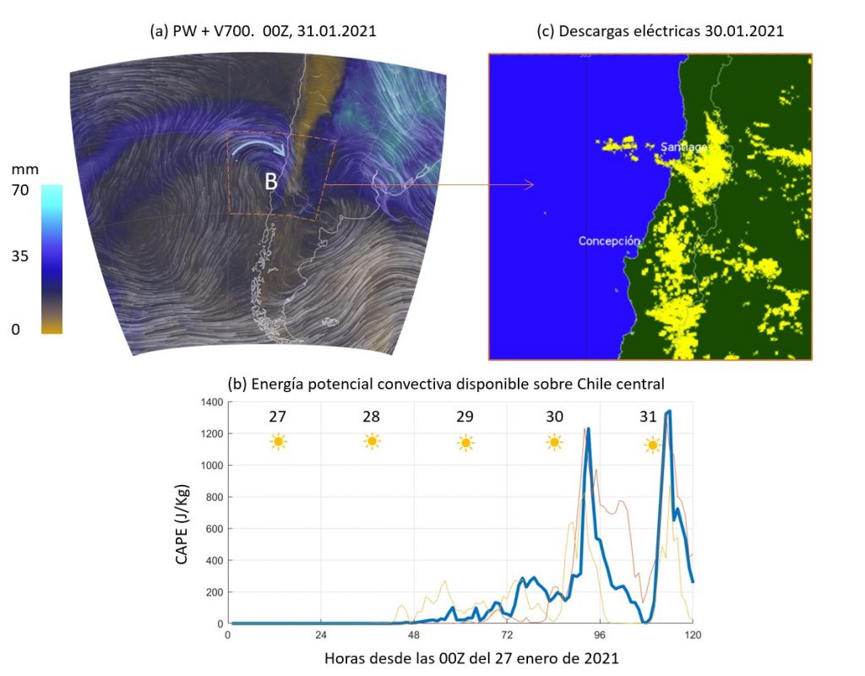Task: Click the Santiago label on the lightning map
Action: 683,147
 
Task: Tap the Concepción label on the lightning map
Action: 609,241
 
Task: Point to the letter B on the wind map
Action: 271,182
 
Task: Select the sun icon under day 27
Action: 278,442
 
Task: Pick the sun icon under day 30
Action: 554,442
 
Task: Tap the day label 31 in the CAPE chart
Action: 648,417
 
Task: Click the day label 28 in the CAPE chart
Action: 371,417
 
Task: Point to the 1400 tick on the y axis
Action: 210,402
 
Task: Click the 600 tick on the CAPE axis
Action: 214,529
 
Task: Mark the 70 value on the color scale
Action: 20,190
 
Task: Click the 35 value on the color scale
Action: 20,257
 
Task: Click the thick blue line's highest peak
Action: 669,412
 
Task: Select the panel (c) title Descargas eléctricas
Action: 661,31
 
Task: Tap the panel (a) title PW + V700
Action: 263,31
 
